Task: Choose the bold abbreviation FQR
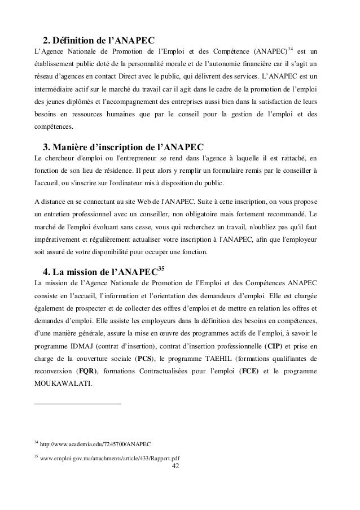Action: [87, 372]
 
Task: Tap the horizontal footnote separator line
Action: [78, 404]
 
